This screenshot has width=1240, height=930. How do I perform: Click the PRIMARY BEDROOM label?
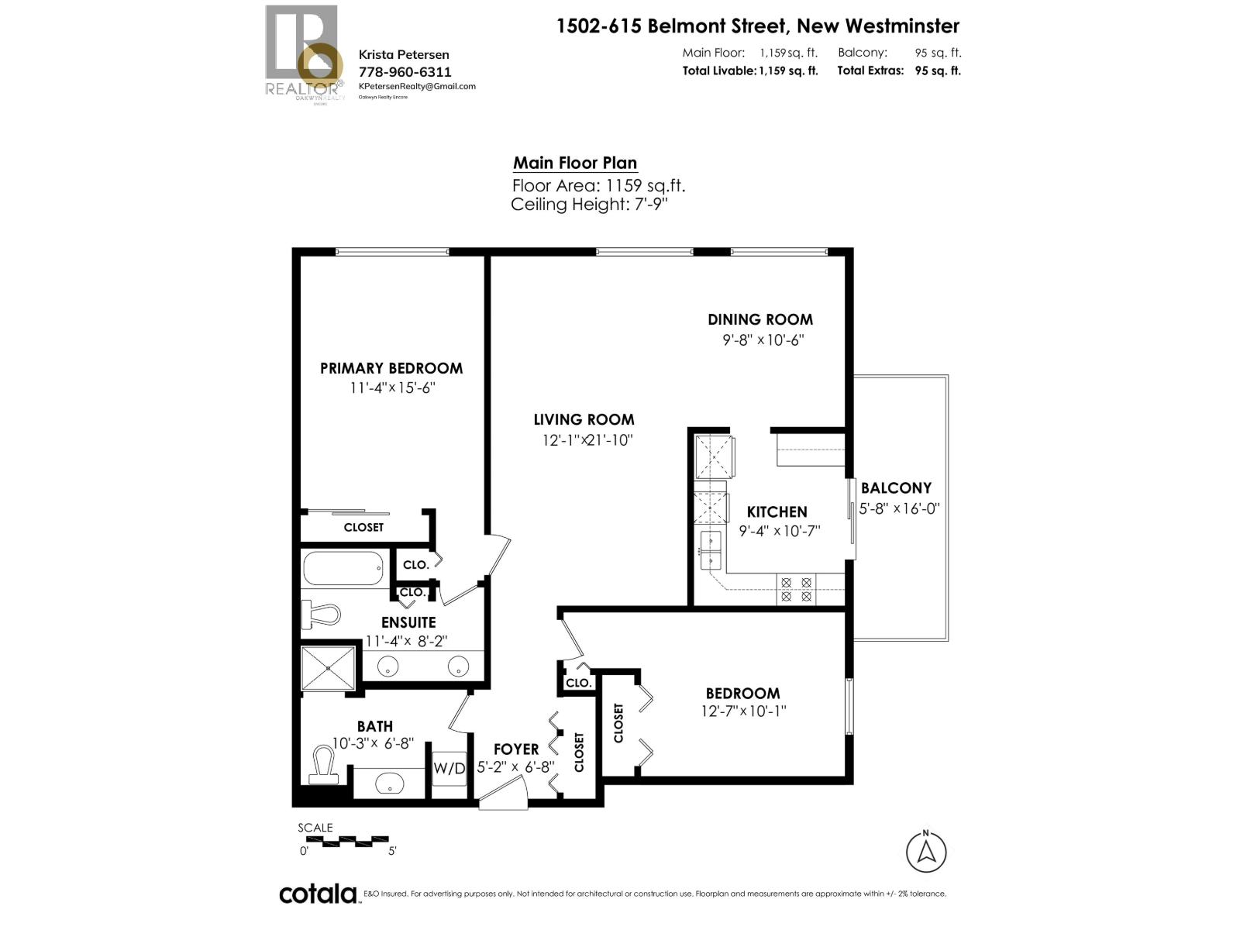click(x=391, y=368)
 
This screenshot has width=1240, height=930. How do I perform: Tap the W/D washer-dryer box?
click(x=449, y=769)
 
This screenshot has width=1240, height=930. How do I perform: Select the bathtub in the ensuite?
click(x=343, y=569)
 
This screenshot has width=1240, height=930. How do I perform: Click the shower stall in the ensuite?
click(x=329, y=667)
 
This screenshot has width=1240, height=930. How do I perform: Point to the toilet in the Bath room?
click(x=323, y=764)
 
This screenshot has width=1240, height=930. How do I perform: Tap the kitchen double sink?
click(x=711, y=550)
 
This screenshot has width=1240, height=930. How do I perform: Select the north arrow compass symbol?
click(x=926, y=851)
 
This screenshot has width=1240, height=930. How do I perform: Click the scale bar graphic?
click(x=343, y=839)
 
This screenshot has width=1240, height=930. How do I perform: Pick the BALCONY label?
click(x=896, y=488)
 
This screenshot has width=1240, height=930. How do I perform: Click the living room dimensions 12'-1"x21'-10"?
click(x=587, y=440)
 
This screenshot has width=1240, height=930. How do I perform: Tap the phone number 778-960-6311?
click(x=405, y=71)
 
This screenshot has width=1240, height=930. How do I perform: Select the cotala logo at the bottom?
click(x=318, y=894)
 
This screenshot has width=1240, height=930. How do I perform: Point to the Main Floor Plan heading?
click(x=575, y=163)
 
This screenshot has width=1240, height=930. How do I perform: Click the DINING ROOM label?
click(x=759, y=319)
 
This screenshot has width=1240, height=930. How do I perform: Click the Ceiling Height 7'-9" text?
click(x=589, y=205)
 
